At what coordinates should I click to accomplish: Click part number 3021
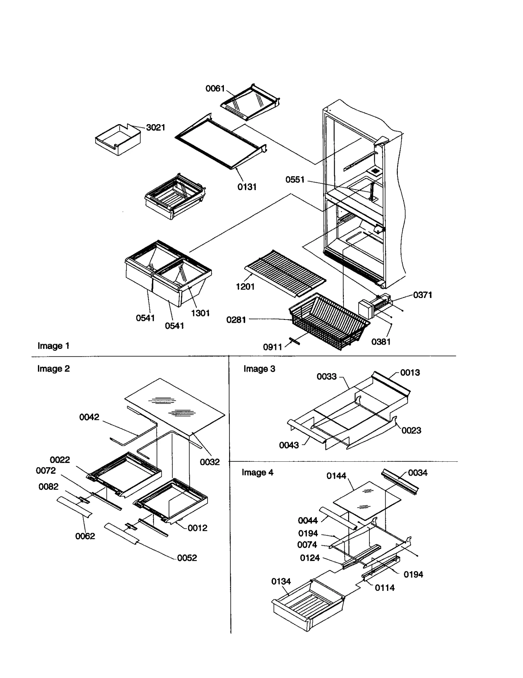155,127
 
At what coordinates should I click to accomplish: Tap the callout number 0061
215,89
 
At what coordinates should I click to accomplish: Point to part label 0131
247,187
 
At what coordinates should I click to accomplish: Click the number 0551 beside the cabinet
295,180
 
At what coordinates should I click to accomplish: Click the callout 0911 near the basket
272,347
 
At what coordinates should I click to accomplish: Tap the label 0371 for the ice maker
422,295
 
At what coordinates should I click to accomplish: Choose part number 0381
381,342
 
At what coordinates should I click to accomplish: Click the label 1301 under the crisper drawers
200,313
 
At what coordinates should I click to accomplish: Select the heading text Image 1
53,346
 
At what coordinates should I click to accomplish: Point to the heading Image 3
259,369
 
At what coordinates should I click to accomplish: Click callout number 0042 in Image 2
89,417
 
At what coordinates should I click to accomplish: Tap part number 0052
187,558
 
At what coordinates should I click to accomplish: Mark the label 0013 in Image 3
410,372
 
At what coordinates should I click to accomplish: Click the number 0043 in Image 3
289,445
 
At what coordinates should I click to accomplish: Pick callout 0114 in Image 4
384,588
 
